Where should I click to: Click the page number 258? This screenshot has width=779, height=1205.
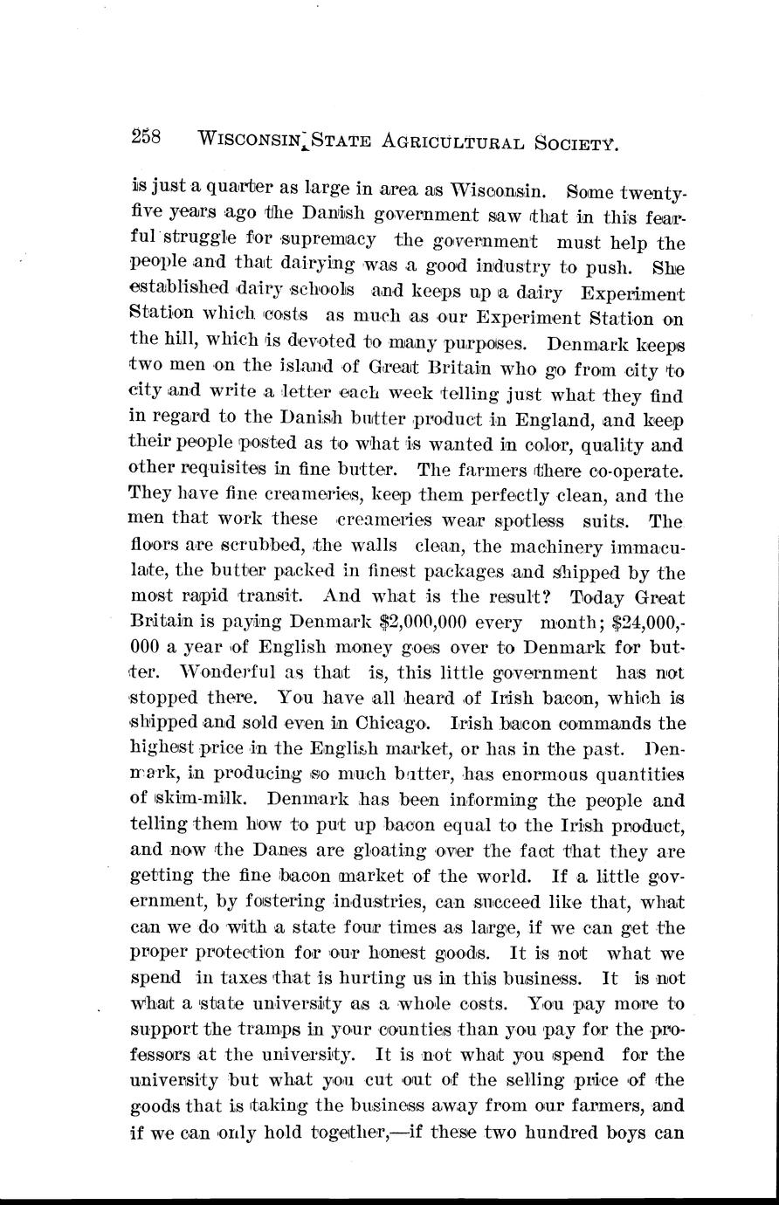tap(155, 137)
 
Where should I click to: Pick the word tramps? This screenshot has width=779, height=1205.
tap(269, 1029)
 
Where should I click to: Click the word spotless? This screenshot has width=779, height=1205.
tap(519, 521)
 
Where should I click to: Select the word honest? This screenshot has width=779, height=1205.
tap(400, 954)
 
